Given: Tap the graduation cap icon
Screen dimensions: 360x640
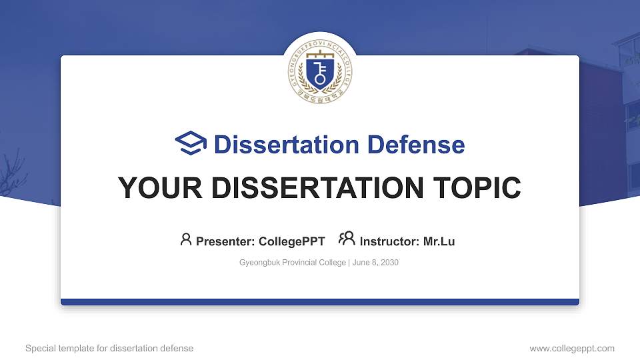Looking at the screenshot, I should (x=191, y=143).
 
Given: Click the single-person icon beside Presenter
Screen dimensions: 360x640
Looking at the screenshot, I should (x=186, y=239).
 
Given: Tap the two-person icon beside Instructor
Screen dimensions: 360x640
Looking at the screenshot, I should (x=347, y=239).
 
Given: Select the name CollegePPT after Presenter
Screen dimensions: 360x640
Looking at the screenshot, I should (x=292, y=241).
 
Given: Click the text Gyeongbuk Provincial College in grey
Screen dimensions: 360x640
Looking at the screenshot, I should (x=293, y=263).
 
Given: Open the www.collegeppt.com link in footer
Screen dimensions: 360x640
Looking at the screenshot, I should (x=572, y=348).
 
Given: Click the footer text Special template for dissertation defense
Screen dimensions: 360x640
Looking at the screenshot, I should (x=109, y=348).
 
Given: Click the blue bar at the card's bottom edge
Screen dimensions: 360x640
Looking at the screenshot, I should (x=320, y=302).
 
